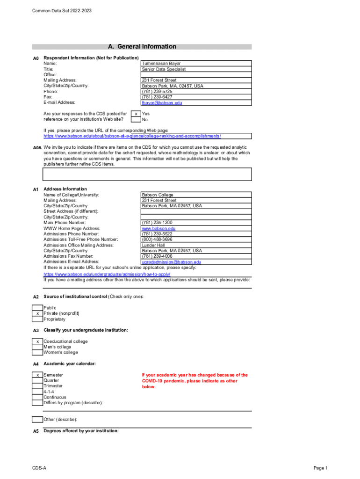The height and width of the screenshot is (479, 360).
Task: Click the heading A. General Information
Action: tap(142, 47)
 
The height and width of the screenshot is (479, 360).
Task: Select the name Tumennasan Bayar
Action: tap(161, 64)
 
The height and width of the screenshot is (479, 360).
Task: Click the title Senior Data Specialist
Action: tap(164, 69)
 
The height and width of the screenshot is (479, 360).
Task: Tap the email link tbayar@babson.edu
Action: tap(162, 103)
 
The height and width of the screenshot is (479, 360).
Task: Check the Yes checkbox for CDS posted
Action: tap(135, 114)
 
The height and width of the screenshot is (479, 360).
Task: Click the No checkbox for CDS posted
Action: tap(135, 119)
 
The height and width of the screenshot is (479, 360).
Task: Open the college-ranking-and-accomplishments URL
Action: tap(132, 136)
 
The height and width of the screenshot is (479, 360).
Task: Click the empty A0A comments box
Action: tap(147, 174)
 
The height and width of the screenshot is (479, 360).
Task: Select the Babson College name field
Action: tap(158, 195)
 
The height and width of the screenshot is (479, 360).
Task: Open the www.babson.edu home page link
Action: tap(158, 228)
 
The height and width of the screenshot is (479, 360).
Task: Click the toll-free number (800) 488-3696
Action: tap(157, 239)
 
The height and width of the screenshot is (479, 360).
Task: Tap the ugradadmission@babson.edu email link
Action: tap(171, 262)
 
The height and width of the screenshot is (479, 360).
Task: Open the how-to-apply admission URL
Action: tap(107, 274)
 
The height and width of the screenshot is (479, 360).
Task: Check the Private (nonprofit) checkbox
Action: tap(37, 313)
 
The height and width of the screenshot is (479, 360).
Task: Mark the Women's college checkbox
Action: tap(37, 353)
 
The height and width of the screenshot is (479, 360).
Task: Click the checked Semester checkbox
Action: tap(37, 375)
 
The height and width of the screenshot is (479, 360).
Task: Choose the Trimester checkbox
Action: tap(37, 386)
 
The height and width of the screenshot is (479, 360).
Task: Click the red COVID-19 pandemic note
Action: tap(194, 381)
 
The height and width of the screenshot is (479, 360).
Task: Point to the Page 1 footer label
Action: tap(321, 468)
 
